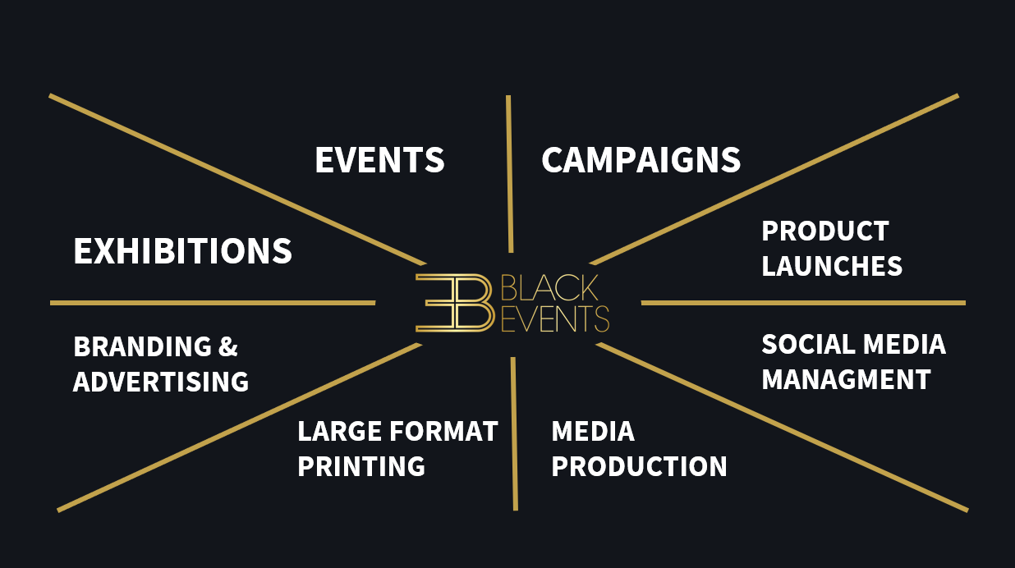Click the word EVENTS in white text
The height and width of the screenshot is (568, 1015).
click(x=379, y=160)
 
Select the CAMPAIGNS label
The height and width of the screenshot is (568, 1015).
click(x=641, y=160)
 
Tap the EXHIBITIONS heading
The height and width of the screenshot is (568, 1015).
click(x=182, y=251)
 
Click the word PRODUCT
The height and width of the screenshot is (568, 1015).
click(x=824, y=231)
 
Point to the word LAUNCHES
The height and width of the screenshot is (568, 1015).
click(x=832, y=266)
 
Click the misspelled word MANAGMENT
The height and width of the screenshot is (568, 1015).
click(x=846, y=380)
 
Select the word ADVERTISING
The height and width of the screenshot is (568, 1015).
click(x=161, y=382)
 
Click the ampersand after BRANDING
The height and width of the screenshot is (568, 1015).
click(x=227, y=347)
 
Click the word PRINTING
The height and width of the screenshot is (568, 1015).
click(x=361, y=466)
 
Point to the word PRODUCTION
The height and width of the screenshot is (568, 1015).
click(x=639, y=466)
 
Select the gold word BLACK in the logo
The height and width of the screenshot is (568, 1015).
click(x=549, y=288)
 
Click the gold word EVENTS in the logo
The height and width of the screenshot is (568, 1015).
click(x=554, y=318)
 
